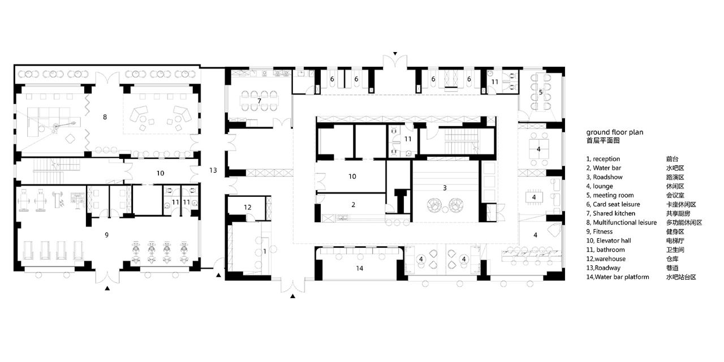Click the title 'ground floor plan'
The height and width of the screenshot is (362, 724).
(x=615, y=132)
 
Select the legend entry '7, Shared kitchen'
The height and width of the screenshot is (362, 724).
(x=610, y=213)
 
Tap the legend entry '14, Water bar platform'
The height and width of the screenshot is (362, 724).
(x=618, y=277)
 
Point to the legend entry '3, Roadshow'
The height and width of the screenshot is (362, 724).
(x=604, y=177)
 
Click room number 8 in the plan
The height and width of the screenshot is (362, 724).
(x=105, y=117)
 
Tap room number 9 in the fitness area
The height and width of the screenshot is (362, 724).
(x=107, y=235)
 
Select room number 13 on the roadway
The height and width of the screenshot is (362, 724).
(x=213, y=170)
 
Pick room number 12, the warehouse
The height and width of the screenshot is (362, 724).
(x=248, y=207)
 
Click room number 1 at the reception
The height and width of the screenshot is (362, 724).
(x=265, y=251)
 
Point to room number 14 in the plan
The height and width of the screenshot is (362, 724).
(x=359, y=268)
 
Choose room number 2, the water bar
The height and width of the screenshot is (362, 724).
(x=354, y=205)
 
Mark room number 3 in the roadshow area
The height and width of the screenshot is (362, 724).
(x=445, y=188)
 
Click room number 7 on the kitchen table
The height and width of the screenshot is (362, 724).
(x=259, y=101)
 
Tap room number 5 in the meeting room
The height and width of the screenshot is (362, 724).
(x=541, y=92)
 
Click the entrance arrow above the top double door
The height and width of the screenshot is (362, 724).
(x=395, y=54)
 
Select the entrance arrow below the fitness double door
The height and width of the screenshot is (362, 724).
(x=107, y=288)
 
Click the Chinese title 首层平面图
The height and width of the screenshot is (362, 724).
(x=603, y=141)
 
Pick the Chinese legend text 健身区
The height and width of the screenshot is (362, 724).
(x=675, y=232)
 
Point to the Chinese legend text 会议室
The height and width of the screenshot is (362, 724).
(x=675, y=195)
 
